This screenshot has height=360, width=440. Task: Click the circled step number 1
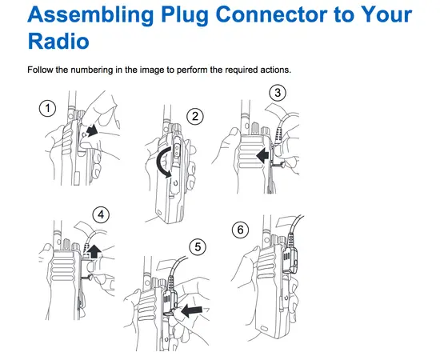(50, 107)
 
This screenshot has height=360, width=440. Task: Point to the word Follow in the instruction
(41, 69)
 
